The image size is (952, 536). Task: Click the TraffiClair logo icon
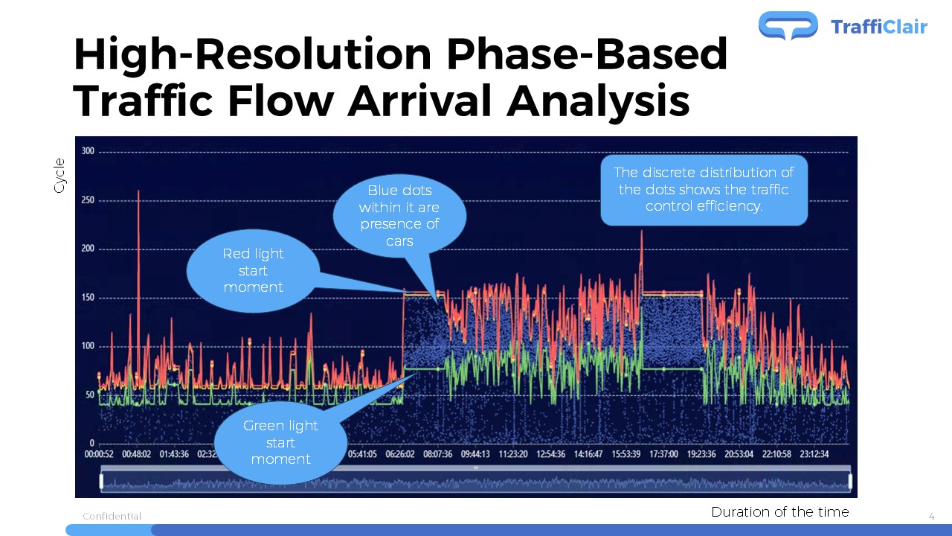click(x=788, y=25)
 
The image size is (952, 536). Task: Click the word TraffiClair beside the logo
click(x=879, y=27)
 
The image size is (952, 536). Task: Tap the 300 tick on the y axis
click(x=88, y=151)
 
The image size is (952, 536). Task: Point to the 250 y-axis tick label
click(x=88, y=200)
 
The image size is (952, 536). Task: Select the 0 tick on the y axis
click(x=91, y=443)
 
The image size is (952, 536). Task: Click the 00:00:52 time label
click(x=99, y=454)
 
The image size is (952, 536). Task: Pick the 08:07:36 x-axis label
click(x=438, y=454)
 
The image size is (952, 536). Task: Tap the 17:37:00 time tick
click(x=664, y=454)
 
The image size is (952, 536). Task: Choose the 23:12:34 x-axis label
click(x=814, y=454)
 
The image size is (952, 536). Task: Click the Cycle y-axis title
click(x=59, y=175)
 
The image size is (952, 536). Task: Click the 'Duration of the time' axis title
click(x=780, y=511)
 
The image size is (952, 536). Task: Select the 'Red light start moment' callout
click(x=254, y=271)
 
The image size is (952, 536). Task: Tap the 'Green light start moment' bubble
click(x=280, y=442)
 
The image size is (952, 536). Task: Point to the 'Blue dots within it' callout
click(x=399, y=216)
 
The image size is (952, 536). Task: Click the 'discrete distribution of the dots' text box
click(x=704, y=190)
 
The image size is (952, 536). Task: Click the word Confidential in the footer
click(x=112, y=517)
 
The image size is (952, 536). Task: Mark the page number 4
click(x=932, y=517)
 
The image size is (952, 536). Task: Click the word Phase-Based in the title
click(x=587, y=54)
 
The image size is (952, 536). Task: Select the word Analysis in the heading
click(x=598, y=102)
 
